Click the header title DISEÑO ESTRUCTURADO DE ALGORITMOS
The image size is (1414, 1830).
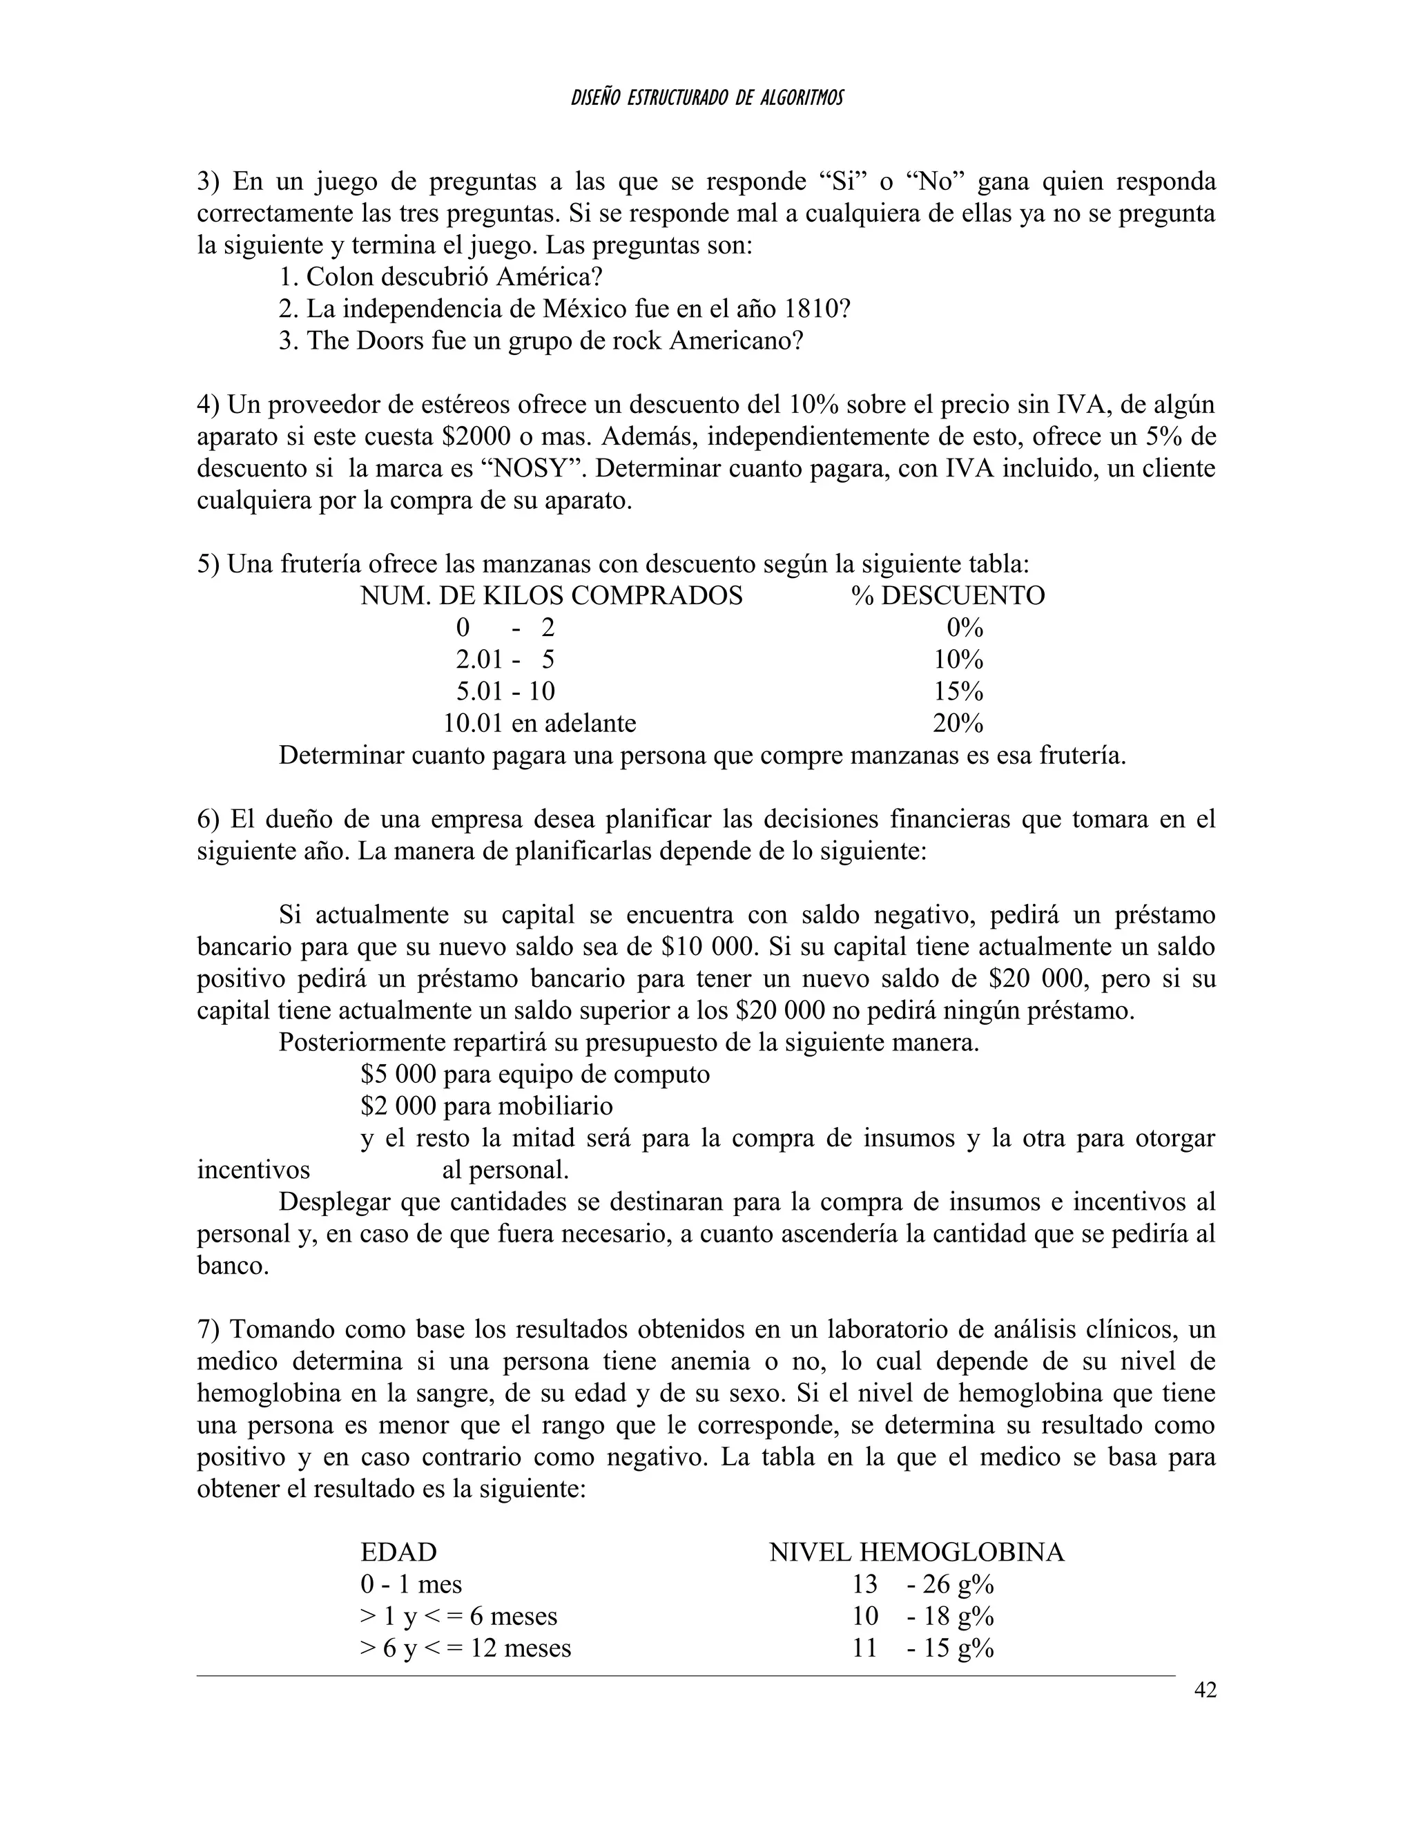[707, 99]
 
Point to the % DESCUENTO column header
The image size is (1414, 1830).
[947, 596]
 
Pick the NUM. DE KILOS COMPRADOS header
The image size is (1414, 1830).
[551, 596]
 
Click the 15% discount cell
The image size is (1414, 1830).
[958, 691]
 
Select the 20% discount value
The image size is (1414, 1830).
[958, 723]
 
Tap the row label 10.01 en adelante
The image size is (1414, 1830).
[539, 723]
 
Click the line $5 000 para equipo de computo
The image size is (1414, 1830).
[535, 1075]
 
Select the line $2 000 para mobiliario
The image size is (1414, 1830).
[487, 1106]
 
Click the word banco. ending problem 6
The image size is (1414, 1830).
[233, 1265]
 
